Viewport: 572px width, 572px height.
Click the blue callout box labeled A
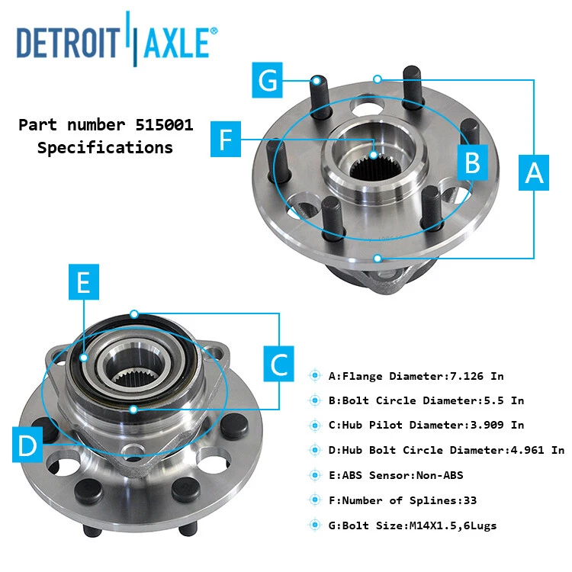tap(535, 173)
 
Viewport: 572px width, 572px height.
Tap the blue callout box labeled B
tap(472, 162)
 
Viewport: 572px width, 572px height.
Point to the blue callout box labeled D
tap(27, 445)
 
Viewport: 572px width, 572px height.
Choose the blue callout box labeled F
tap(225, 140)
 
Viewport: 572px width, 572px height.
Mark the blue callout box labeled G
tap(268, 79)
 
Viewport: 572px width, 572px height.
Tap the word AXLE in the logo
tap(174, 43)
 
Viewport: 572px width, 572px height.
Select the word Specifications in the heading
tap(105, 148)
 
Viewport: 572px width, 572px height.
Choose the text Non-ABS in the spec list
tap(439, 475)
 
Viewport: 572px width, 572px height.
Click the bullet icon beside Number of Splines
tap(315, 500)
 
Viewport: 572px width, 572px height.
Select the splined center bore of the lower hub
tap(129, 374)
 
